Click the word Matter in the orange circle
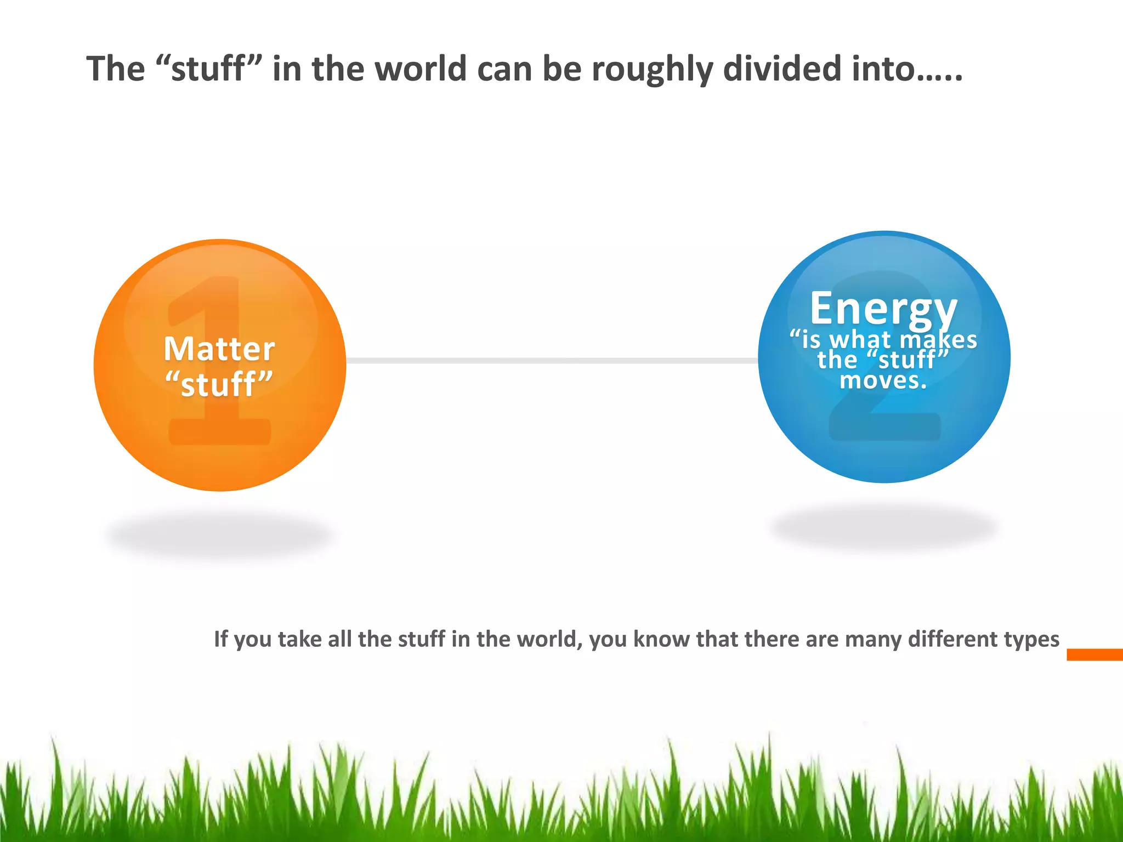(x=219, y=349)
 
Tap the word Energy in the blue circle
(x=883, y=309)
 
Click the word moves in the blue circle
(x=883, y=380)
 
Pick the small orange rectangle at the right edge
(x=1094, y=655)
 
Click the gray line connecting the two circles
(x=551, y=361)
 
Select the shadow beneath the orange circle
(x=219, y=534)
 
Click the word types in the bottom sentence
(x=1031, y=640)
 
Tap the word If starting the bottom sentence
(x=220, y=639)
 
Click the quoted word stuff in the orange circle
(x=219, y=384)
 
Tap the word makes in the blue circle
(x=938, y=340)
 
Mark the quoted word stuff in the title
(x=207, y=70)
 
